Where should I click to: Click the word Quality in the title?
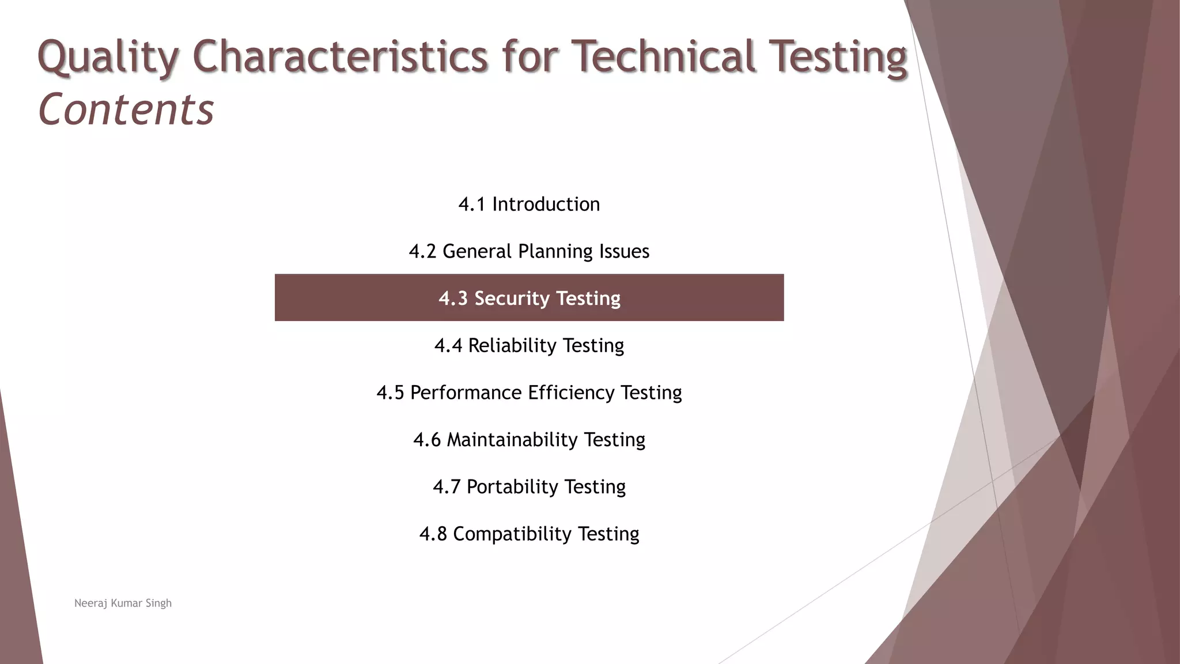click(108, 57)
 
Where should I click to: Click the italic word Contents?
click(126, 110)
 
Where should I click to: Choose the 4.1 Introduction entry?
click(529, 204)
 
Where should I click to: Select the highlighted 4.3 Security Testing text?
click(529, 298)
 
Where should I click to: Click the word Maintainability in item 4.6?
click(512, 440)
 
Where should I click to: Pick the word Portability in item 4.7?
click(512, 486)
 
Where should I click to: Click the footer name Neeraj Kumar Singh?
click(123, 603)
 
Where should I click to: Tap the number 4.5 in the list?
click(390, 393)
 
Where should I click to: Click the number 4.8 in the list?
click(433, 534)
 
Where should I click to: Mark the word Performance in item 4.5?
click(466, 393)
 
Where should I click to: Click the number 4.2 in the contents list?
click(422, 251)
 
